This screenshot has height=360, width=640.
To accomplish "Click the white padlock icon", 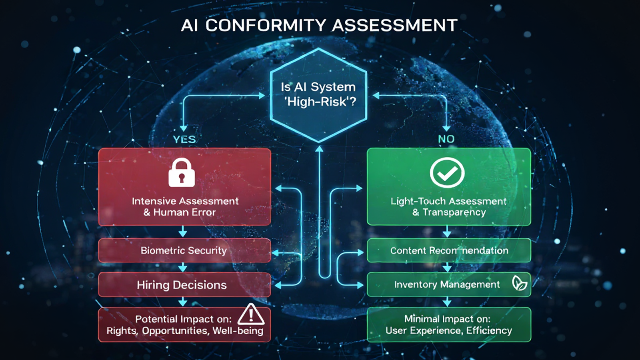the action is (x=182, y=173).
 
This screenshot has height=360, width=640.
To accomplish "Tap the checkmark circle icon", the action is (x=447, y=173).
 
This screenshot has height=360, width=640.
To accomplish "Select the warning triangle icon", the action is (x=251, y=314).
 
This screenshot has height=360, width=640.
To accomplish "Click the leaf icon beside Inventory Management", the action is (x=519, y=284).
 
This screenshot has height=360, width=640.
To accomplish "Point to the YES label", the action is (x=184, y=139).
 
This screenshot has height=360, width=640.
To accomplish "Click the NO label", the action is (x=446, y=139).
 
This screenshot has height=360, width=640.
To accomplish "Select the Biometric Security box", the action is (x=184, y=250).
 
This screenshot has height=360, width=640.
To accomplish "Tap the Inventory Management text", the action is (x=447, y=284).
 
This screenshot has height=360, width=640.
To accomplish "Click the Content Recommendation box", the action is (x=449, y=250).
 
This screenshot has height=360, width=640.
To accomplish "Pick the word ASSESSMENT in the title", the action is (x=394, y=26).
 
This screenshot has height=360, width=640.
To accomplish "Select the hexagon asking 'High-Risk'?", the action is (x=318, y=94).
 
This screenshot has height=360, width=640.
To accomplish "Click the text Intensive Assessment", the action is (x=185, y=201).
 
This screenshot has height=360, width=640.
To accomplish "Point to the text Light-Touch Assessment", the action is (x=448, y=201).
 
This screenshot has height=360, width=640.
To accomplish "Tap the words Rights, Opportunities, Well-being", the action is (x=185, y=331).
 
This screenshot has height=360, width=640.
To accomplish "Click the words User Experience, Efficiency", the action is (x=449, y=330).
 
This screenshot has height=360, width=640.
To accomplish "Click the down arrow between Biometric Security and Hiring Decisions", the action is (x=183, y=267).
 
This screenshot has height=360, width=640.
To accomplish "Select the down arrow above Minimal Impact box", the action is (x=447, y=302).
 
